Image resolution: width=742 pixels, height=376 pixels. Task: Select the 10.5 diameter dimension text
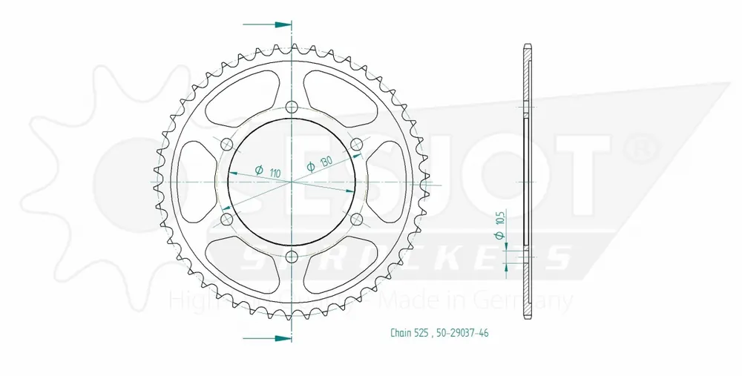coord(501,220)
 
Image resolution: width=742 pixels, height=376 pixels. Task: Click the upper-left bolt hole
coord(226,143)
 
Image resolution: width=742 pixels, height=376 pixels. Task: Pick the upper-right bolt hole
coord(356,143)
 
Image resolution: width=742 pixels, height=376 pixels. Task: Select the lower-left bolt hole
coord(226,219)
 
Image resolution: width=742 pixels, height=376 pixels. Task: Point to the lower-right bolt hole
coord(356,219)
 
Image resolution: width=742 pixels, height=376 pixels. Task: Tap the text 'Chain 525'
coord(407,333)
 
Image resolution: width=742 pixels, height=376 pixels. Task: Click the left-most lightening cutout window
coord(195,180)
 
